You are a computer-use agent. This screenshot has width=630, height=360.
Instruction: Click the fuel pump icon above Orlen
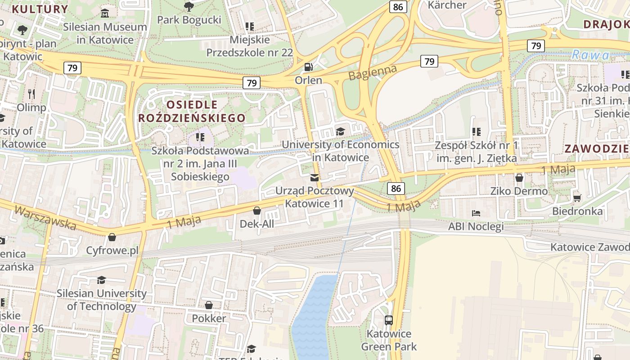point(309,67)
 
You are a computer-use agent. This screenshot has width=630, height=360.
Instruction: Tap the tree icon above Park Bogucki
point(189,6)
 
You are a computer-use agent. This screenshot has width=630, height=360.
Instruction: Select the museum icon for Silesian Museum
point(105,13)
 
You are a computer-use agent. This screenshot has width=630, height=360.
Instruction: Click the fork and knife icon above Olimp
point(31,94)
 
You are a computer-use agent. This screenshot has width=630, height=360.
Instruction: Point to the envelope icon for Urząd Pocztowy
point(315,178)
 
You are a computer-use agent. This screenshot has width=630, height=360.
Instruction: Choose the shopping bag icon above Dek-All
point(256,211)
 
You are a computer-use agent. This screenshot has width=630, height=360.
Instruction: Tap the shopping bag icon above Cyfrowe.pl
point(112,237)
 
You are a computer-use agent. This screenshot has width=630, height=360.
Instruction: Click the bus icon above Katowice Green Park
point(389,320)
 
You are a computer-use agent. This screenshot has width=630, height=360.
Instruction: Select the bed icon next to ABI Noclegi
point(476,213)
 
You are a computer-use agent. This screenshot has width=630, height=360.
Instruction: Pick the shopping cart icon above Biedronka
point(577,198)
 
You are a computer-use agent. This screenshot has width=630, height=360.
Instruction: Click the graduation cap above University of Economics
point(340,131)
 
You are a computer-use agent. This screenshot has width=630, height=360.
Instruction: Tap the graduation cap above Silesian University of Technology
point(101,280)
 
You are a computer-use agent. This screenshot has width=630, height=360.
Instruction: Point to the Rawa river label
point(590,55)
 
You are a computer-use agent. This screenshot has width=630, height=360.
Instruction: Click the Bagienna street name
point(373,72)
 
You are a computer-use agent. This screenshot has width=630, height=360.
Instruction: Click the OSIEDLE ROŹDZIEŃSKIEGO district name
point(192,111)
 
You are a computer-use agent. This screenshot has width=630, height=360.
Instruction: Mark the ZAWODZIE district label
point(597,148)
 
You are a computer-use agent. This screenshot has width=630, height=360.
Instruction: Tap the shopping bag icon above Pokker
point(209,306)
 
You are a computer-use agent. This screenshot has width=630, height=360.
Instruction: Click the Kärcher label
point(447,5)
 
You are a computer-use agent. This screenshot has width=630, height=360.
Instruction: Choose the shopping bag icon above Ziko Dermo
point(519,178)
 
